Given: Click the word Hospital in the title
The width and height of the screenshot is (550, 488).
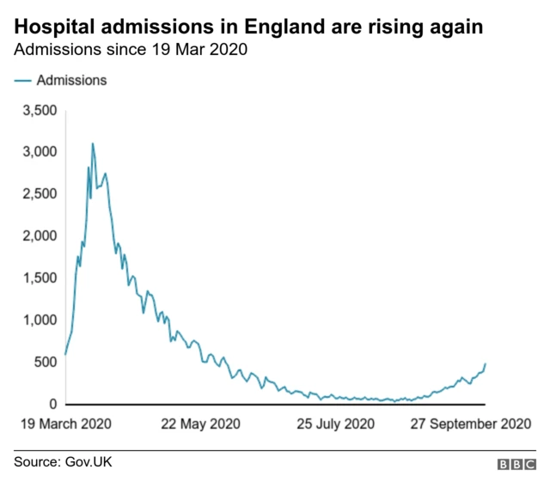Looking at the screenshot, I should coord(52,27).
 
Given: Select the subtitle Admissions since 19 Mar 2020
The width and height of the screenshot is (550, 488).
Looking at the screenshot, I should coord(131,50).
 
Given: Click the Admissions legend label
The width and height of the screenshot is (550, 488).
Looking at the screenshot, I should coord(71,80).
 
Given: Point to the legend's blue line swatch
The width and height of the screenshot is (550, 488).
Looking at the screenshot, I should coord(22,80).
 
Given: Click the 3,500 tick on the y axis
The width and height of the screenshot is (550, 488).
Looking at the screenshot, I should coord(39,110).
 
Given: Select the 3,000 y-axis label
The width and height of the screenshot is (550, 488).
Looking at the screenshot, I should coord(39,152).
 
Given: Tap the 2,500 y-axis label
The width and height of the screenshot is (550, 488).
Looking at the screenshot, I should coord(39,194).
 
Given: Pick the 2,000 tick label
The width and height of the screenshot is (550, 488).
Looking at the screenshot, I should coord(39,235).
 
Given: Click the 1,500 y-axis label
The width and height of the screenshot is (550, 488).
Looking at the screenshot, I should coord(39,278).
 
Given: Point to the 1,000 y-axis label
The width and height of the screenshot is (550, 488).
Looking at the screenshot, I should coord(39,320).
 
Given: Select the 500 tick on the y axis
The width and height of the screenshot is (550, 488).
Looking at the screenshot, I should coord(45,362).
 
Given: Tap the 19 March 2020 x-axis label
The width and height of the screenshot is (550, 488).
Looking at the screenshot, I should coord(65,424).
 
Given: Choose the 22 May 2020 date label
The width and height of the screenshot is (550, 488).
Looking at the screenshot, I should coord(200,424).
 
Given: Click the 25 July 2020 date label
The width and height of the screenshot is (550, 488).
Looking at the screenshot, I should coord(336,424).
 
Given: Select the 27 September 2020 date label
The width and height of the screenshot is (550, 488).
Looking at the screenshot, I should coord(469,424).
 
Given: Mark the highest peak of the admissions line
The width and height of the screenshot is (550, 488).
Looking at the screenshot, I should coord(93,143).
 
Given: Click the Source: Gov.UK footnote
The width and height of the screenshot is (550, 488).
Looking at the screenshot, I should coord(63,462).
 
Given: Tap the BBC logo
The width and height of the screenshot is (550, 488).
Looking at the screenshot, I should coord(516,464).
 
